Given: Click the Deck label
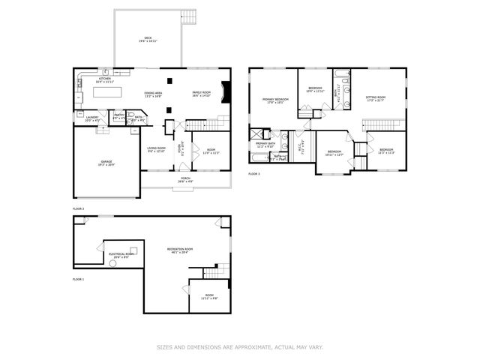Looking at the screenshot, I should pos(148,38).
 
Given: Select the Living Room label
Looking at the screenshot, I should pos(156,148).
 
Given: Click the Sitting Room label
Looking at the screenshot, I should pos(375,98).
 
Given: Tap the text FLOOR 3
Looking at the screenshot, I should pos(253,173).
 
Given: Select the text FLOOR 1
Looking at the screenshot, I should pos(78,278).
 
